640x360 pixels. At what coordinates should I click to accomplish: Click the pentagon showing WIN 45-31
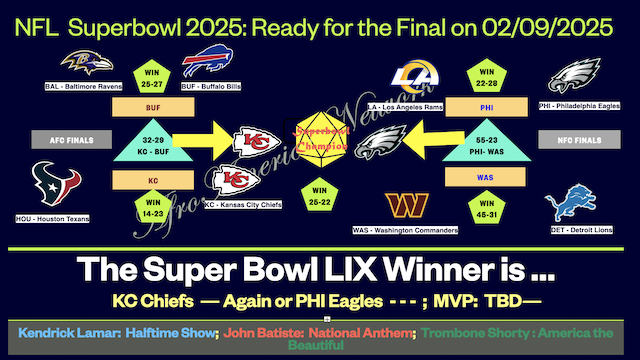(x=487, y=212)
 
